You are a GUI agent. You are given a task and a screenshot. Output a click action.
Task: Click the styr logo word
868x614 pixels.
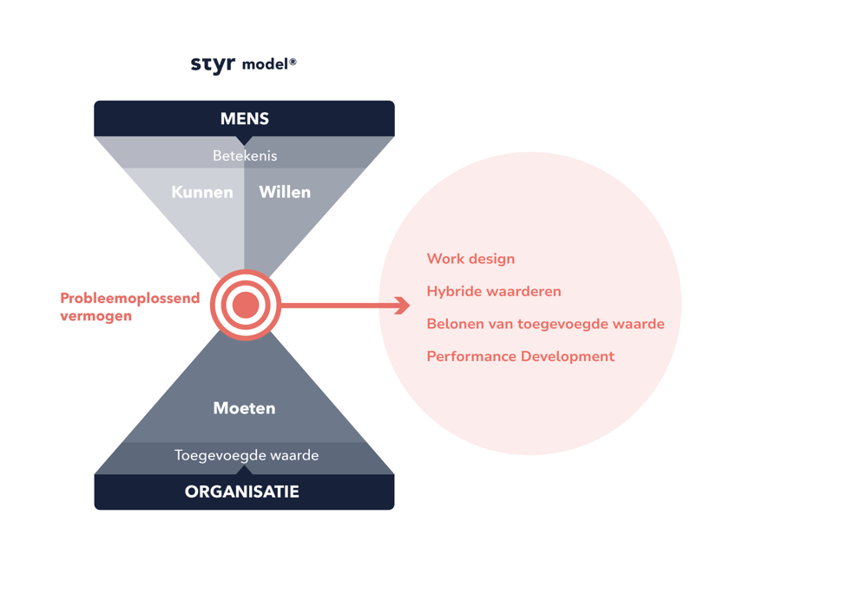[212, 64]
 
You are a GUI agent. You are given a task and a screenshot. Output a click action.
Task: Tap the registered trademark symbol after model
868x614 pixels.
[293, 62]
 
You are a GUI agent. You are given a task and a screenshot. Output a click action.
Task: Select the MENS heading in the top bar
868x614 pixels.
[244, 119]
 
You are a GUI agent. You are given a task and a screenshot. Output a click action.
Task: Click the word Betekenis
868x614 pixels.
[245, 156]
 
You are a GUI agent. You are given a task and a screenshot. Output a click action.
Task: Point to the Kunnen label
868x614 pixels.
[202, 192]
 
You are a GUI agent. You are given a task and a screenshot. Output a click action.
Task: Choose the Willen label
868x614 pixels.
[285, 192]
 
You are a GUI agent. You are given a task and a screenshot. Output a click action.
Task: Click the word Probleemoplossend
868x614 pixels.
[130, 299]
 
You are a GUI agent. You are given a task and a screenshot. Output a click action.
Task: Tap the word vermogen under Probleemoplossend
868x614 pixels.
[96, 316]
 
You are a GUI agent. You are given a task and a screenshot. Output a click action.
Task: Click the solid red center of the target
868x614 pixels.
[246, 305]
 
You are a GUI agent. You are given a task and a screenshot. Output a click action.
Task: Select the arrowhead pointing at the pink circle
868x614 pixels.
[402, 305]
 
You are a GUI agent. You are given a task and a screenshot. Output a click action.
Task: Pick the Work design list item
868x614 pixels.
[470, 259]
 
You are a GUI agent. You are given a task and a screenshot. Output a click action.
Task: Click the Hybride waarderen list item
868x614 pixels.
[494, 292]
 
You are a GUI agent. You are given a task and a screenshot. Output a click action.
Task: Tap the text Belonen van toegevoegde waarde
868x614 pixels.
[545, 324]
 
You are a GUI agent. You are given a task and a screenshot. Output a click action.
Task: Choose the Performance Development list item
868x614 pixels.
[520, 357]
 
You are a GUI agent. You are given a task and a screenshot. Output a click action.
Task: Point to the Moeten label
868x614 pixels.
[244, 408]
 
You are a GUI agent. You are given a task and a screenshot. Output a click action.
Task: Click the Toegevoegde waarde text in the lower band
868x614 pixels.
[247, 455]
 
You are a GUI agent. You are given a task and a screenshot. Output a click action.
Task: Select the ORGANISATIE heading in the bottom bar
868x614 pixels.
[242, 492]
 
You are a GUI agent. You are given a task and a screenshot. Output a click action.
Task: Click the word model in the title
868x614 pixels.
[264, 65]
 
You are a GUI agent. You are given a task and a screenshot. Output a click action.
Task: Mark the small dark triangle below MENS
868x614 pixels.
[244, 140]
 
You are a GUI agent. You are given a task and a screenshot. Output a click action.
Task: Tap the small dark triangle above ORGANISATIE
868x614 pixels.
[244, 471]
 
